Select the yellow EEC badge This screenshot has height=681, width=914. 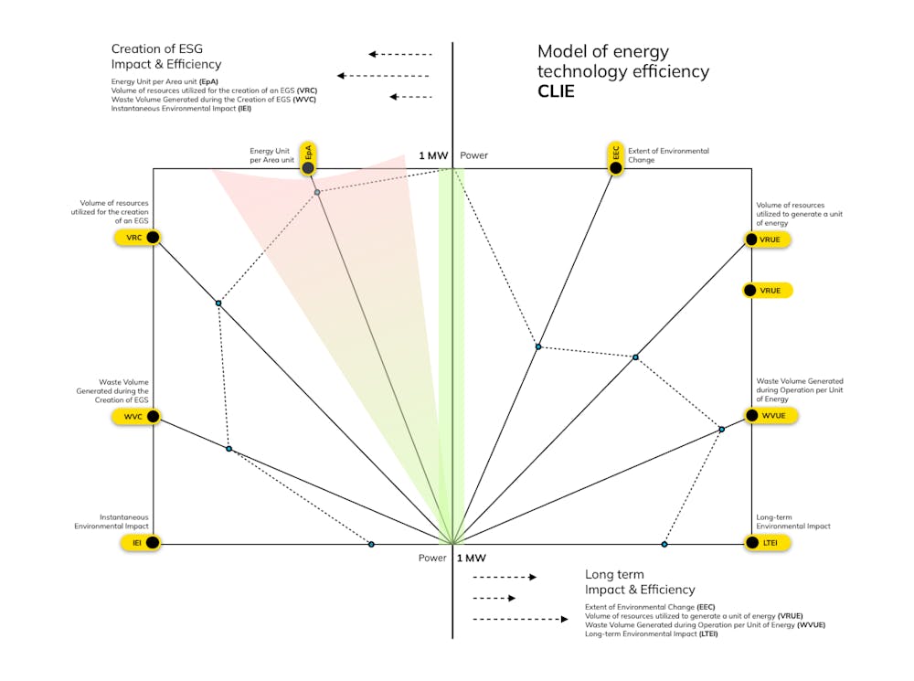coord(616,159)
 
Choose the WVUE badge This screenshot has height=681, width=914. coord(765,416)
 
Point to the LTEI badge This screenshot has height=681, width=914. coord(765,543)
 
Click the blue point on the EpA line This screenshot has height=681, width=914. coord(317,192)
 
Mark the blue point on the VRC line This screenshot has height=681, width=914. coord(218,303)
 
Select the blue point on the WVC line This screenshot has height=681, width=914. coord(229,449)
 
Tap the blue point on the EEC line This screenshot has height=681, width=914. coord(538,346)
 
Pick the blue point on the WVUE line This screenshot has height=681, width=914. coord(721,429)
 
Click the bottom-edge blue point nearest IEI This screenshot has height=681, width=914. coord(371,544)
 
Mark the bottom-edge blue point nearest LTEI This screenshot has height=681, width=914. coord(664,544)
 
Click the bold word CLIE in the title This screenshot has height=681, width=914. coord(556,91)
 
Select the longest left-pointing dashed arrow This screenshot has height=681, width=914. coord(384,76)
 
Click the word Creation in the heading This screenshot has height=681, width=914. coord(136,48)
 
